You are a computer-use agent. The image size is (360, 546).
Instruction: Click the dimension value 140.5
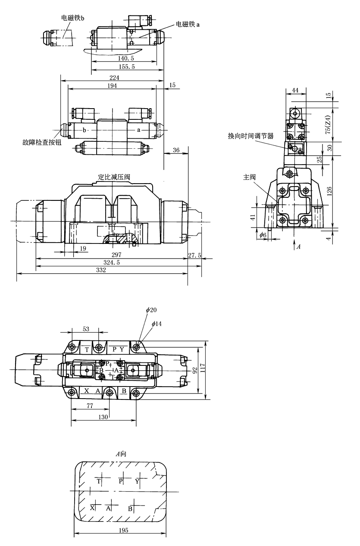coord(126,58)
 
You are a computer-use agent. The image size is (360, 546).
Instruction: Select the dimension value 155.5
coord(127,66)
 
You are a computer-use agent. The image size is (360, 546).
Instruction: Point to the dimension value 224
coord(114,78)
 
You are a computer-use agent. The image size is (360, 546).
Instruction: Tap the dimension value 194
coord(112,86)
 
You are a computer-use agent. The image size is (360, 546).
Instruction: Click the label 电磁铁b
coord(73,18)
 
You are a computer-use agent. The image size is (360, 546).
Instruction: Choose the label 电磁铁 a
coord(188,24)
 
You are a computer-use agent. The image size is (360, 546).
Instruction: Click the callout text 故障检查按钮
coord(42,142)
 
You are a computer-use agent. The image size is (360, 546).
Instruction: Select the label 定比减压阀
coord(114,177)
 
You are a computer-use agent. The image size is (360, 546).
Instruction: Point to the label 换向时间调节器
coord(251,136)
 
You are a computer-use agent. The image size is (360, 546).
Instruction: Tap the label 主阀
coord(249,177)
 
